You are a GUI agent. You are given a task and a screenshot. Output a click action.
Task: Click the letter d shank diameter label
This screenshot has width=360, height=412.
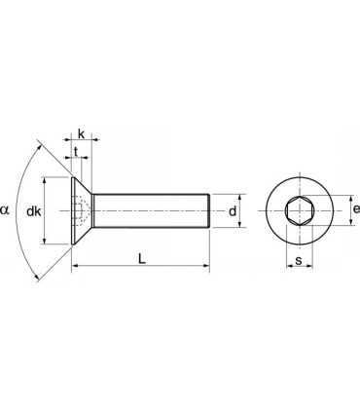(x=233, y=210)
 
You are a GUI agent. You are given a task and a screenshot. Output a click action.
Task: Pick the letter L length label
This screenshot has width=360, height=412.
(x=142, y=258)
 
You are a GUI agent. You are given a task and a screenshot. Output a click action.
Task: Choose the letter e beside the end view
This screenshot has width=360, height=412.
(x=356, y=209)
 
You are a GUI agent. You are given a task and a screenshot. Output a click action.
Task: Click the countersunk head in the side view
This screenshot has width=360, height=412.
(x=84, y=210)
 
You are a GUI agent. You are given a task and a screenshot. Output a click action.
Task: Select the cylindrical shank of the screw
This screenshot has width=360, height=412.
(x=151, y=210)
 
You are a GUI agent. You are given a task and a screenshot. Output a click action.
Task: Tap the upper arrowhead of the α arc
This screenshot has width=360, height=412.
(x=42, y=144)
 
